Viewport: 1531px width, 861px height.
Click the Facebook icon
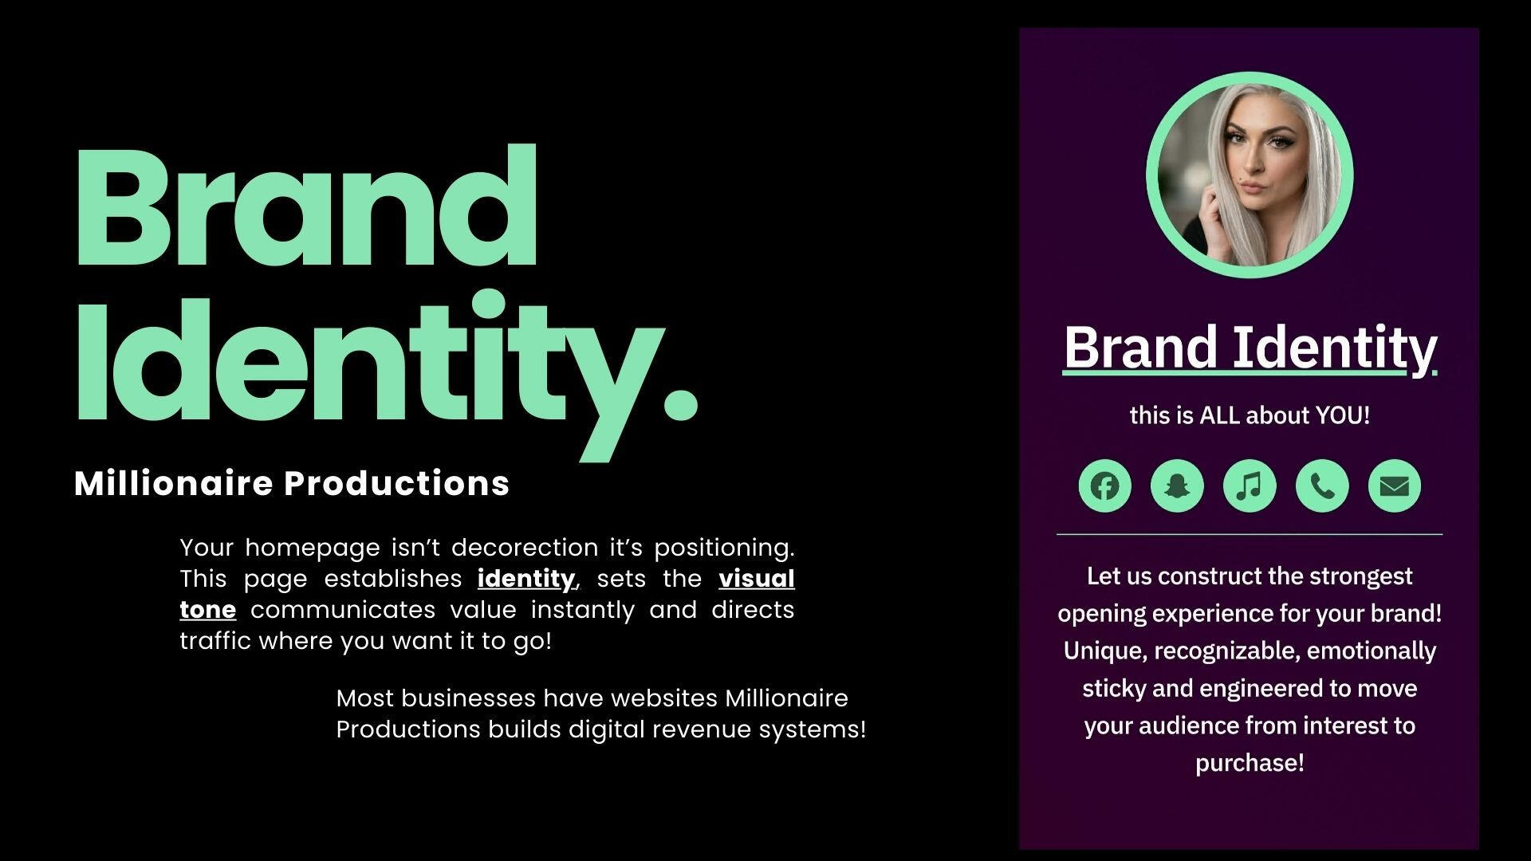(x=1104, y=486)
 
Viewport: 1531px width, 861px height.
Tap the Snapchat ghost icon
(x=1177, y=486)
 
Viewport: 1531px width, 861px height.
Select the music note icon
(x=1250, y=486)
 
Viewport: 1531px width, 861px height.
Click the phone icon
(x=1322, y=486)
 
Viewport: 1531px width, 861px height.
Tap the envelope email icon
(x=1395, y=486)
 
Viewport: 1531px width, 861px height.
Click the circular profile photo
(x=1250, y=175)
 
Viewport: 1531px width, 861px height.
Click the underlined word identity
(x=526, y=580)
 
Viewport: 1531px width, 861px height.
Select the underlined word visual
(x=757, y=578)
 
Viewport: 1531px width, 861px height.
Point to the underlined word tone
(x=208, y=610)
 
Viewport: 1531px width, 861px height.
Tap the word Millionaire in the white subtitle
(x=173, y=483)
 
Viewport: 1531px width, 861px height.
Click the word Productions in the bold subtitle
(x=397, y=483)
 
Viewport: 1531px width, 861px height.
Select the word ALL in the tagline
(x=1220, y=415)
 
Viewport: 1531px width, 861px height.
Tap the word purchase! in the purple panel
(x=1250, y=764)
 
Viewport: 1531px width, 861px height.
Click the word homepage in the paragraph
(x=313, y=549)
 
